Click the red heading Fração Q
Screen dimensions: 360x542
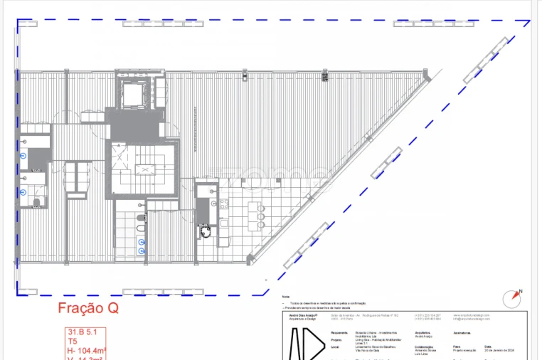(87, 309)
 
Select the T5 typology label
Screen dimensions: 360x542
(73, 342)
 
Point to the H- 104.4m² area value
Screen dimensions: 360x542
(87, 351)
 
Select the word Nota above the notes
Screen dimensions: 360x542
(286, 297)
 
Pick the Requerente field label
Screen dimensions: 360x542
(339, 332)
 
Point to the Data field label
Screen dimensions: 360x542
(488, 346)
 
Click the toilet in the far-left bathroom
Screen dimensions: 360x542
(37, 203)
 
